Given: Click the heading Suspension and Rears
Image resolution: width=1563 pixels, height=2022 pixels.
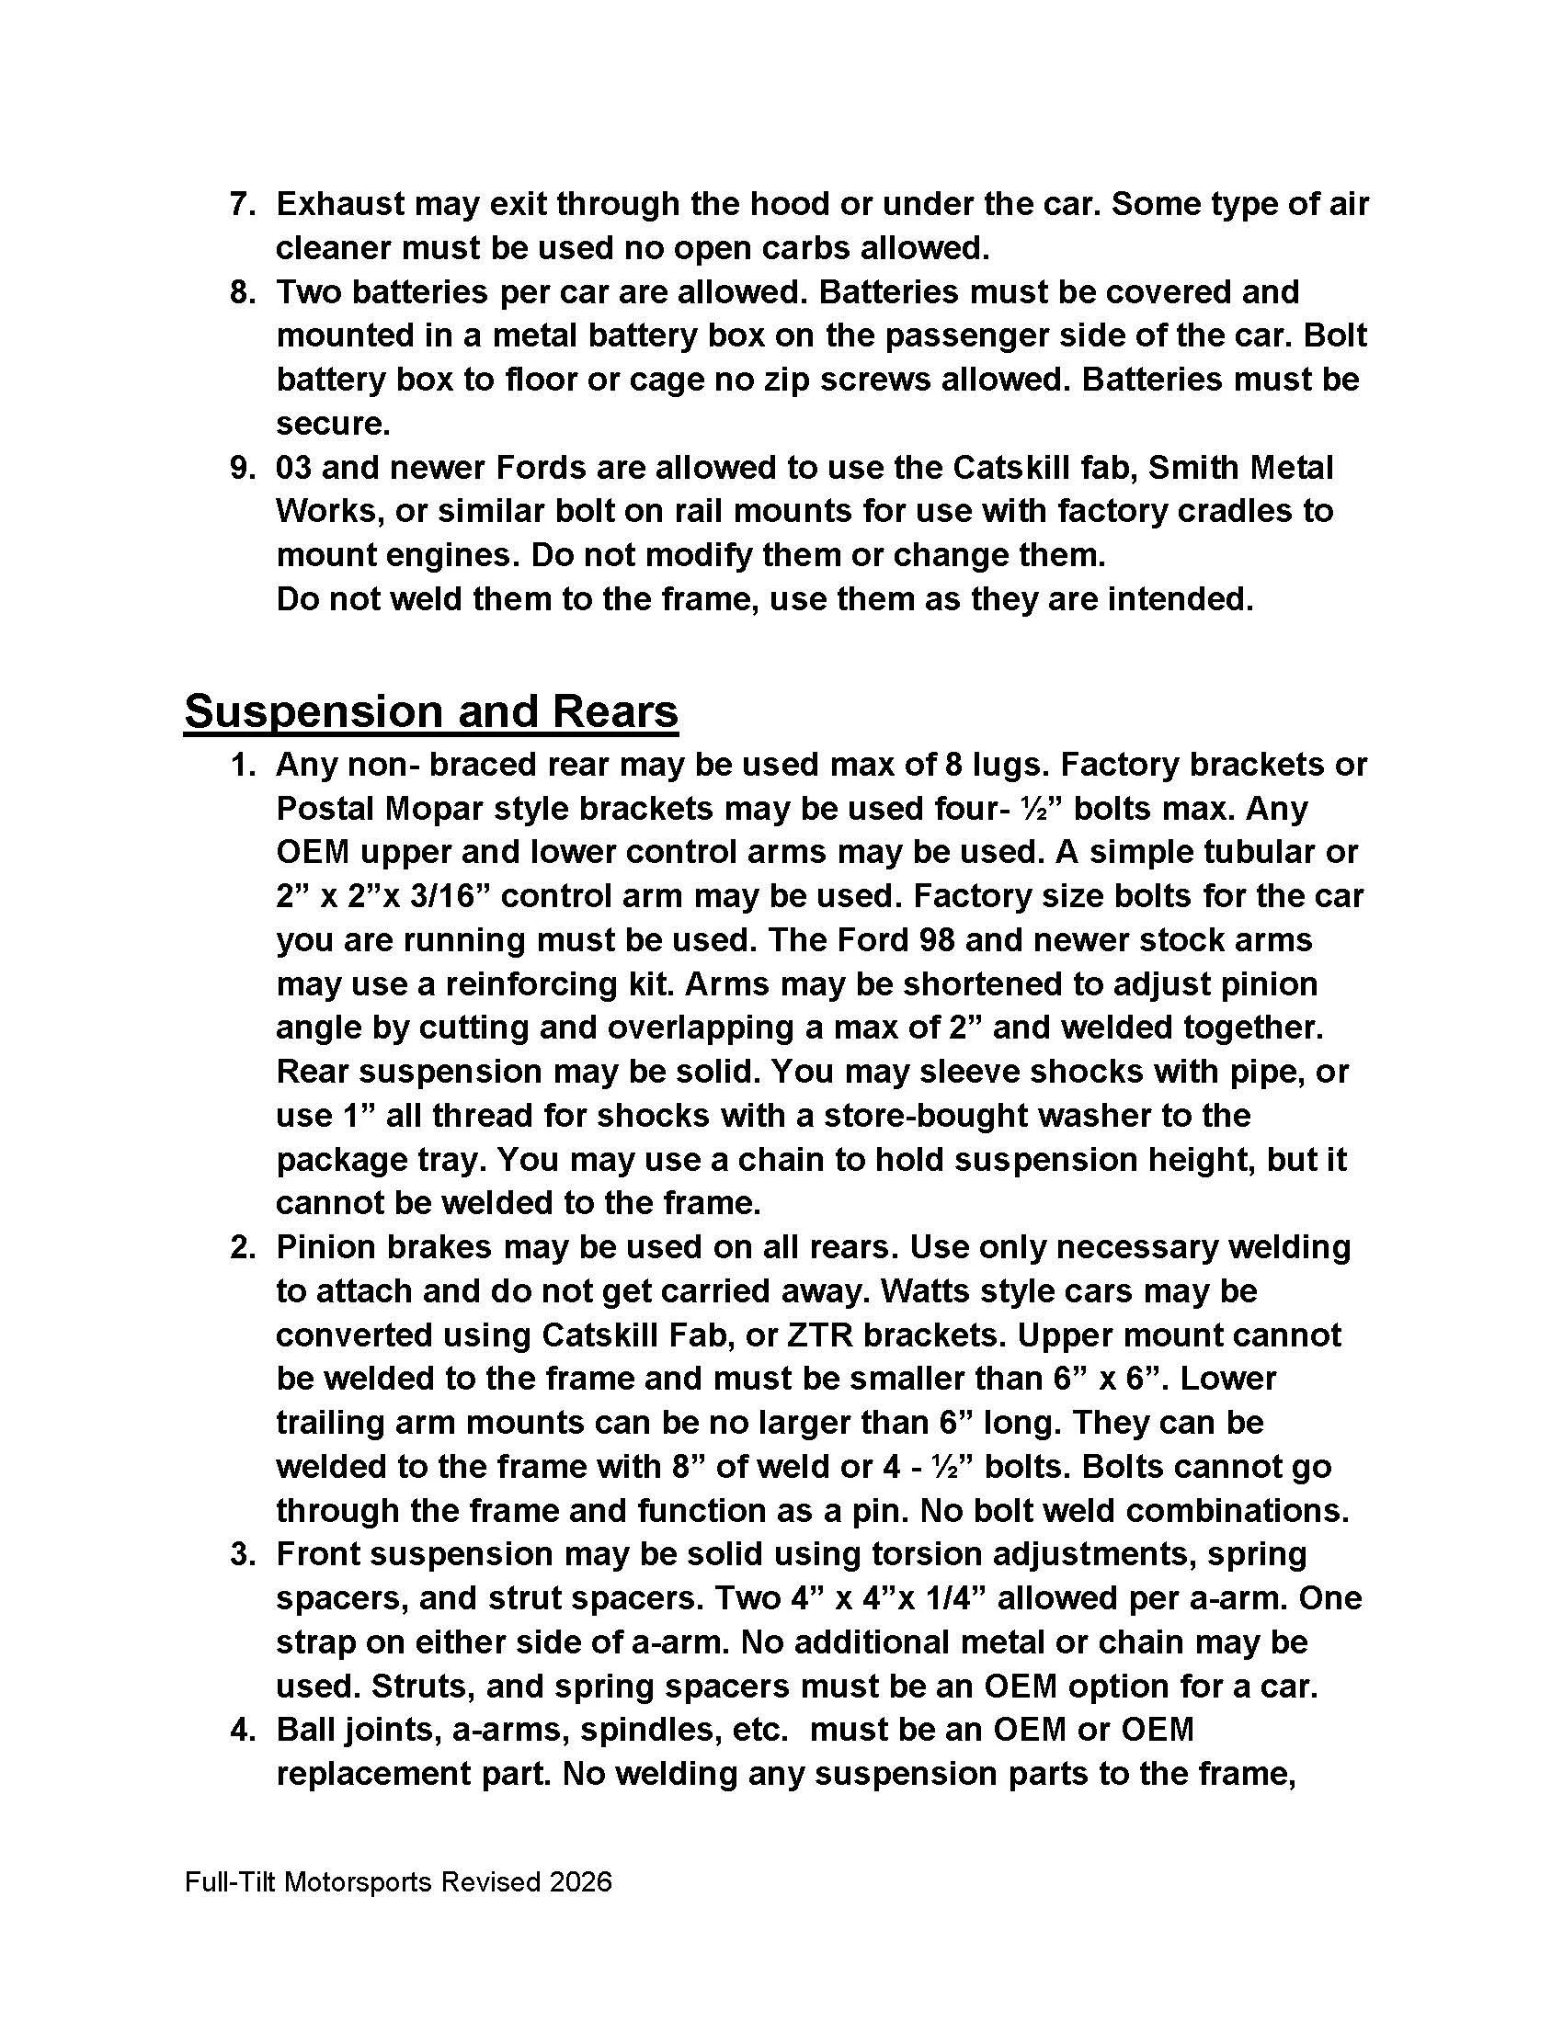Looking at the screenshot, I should (430, 712).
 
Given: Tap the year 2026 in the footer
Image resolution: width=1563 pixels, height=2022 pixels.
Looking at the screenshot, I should (579, 1882).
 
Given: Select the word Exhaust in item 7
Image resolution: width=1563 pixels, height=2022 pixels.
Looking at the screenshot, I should (339, 205).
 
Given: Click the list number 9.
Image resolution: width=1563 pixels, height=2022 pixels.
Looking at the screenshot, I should (242, 468).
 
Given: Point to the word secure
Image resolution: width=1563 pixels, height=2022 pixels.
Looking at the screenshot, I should (333, 424).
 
